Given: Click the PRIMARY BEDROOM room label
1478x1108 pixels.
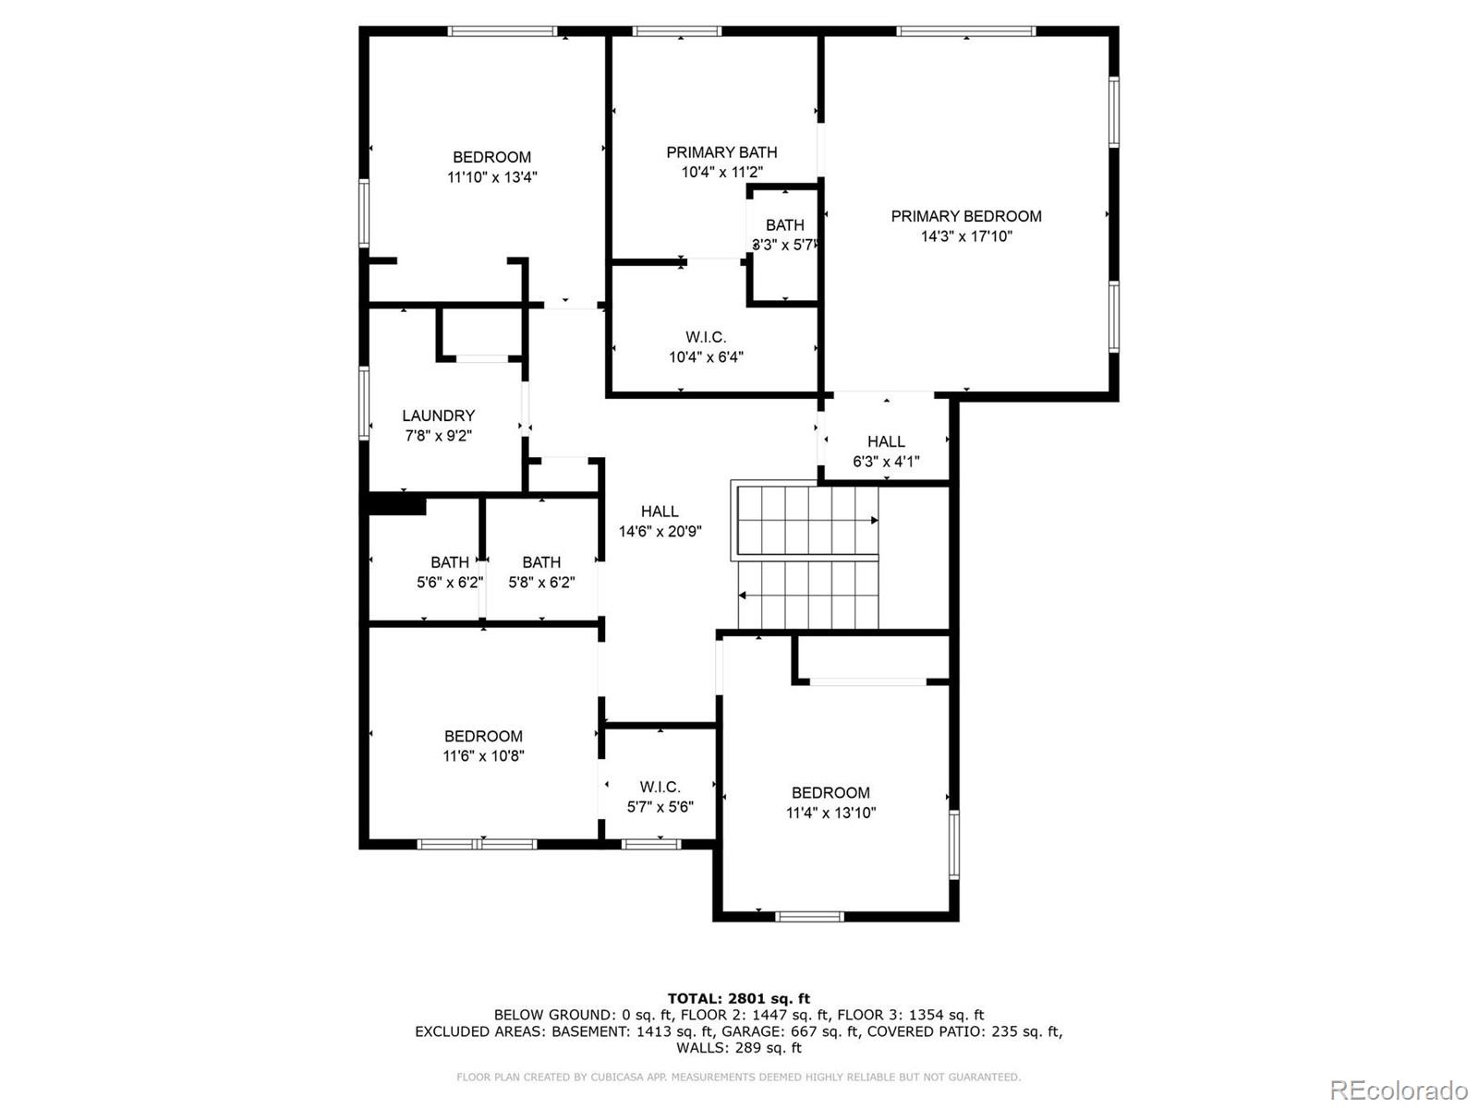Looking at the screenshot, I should [965, 216].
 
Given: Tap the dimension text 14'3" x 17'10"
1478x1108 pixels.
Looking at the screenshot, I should [965, 236].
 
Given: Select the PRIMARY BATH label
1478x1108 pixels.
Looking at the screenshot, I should [721, 152].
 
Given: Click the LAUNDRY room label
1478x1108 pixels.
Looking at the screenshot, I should [438, 415].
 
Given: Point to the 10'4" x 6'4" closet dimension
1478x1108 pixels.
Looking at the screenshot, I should [706, 357].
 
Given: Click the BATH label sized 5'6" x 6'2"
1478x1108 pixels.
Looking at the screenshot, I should [449, 562].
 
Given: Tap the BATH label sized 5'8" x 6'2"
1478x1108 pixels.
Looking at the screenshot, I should [541, 562].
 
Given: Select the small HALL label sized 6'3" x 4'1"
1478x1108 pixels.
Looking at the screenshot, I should [885, 441].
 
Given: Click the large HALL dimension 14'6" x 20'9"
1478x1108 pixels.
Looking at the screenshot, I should [660, 532].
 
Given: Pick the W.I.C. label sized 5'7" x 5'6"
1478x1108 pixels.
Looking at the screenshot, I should [660, 787].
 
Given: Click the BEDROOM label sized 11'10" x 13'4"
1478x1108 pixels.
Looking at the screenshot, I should [491, 157].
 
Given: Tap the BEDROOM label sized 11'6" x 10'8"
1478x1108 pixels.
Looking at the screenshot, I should [483, 736].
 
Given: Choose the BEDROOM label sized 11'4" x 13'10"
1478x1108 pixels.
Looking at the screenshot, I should [830, 792].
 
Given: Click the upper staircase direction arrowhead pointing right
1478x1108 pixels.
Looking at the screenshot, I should [874, 521].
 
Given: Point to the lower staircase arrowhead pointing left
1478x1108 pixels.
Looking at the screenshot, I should [743, 596].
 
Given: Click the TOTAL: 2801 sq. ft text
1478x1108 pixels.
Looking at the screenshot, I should [738, 998].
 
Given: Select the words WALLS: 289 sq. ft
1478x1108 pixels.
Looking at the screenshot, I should [738, 1048].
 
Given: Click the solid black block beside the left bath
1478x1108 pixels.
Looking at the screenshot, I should [397, 506].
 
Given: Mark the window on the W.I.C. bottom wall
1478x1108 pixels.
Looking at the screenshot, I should [650, 843].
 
